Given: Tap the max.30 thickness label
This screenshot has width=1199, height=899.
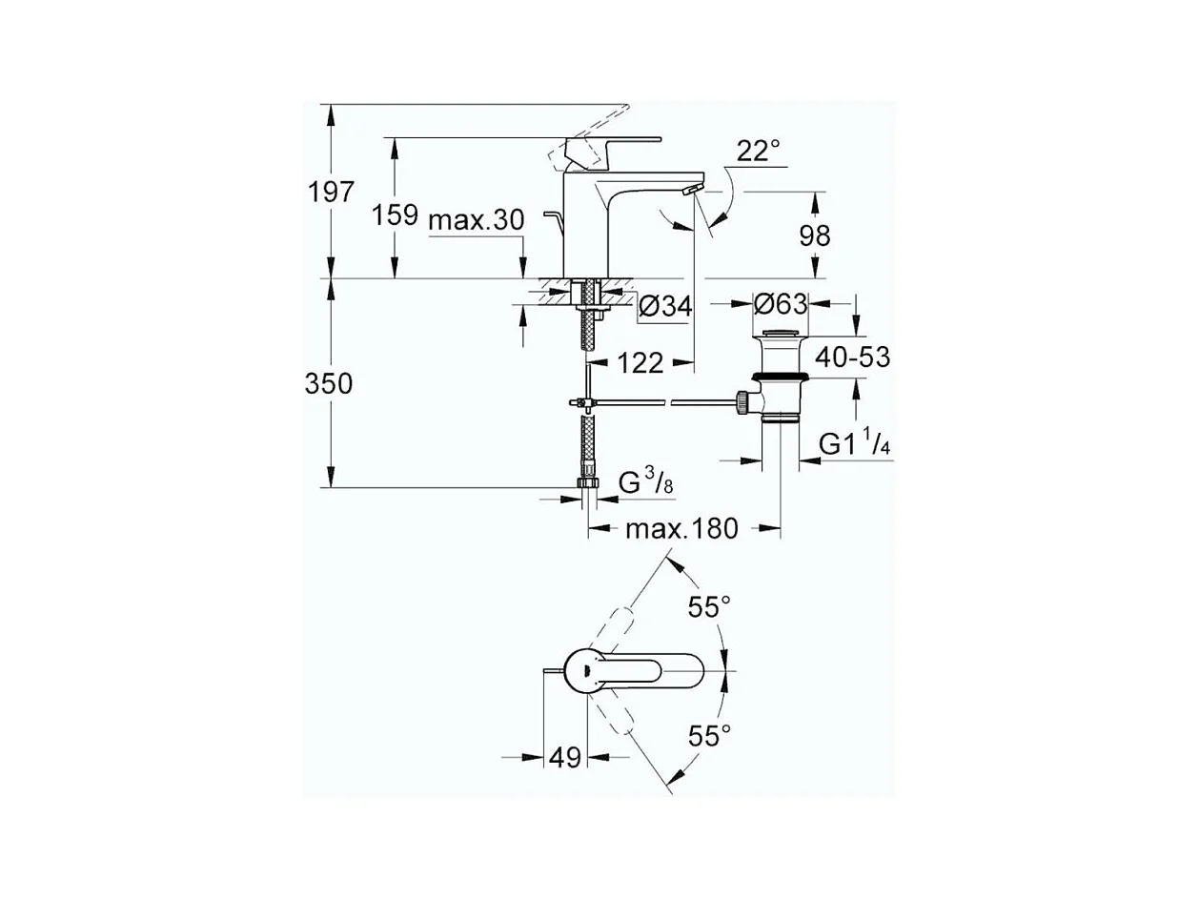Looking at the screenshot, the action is (x=477, y=220).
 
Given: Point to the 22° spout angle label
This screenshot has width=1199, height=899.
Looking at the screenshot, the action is (x=758, y=150).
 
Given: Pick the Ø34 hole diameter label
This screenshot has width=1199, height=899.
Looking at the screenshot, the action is (x=664, y=306).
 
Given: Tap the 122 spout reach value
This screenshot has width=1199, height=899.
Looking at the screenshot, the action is (x=640, y=362).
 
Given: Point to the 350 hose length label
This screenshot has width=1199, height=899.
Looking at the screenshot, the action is (x=329, y=384).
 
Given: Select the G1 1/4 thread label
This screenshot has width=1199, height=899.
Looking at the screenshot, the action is (x=855, y=444).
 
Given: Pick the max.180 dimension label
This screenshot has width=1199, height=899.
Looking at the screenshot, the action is (x=681, y=527).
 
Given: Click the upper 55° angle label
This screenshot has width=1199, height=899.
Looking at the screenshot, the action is (x=710, y=607).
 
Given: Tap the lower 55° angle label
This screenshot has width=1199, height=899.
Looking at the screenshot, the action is (x=710, y=735).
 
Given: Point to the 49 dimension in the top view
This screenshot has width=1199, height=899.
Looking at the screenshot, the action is (x=564, y=758).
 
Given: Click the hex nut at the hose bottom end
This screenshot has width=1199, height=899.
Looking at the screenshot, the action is (x=588, y=484).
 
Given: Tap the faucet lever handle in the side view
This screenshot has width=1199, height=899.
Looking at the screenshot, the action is (x=610, y=144).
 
